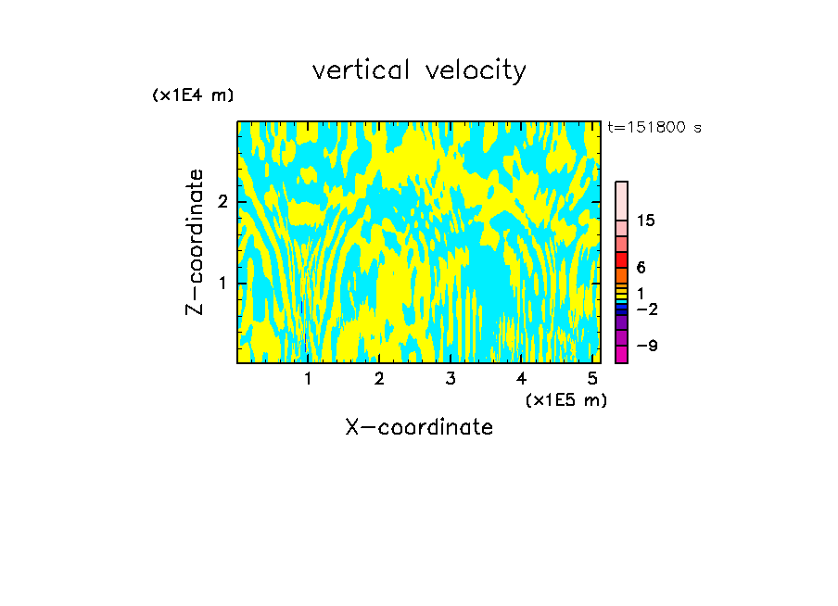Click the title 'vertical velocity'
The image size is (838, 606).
[419, 70]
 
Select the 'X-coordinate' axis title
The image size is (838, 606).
[419, 427]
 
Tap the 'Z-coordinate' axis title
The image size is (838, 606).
[196, 242]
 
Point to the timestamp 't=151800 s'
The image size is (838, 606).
[654, 128]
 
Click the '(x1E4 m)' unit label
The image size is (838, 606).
[193, 95]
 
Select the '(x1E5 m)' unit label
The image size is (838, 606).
[565, 399]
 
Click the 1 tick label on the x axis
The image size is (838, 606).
[308, 379]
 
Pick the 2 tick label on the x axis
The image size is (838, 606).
[379, 379]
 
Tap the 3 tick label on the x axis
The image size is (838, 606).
[451, 379]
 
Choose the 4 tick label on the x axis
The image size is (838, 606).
[522, 379]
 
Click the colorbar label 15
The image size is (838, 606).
[647, 221]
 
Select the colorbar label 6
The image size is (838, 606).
[641, 268]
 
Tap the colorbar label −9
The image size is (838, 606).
[647, 346]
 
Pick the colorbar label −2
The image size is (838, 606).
[647, 309]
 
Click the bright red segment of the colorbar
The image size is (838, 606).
[621, 259]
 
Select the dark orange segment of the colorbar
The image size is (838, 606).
[621, 275]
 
